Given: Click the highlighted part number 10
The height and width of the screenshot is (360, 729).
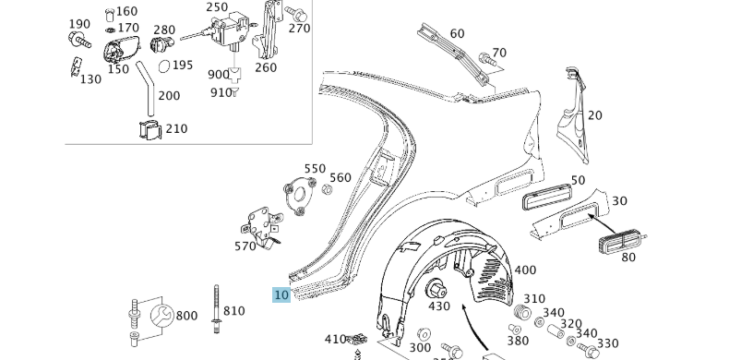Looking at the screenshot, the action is click(x=281, y=294).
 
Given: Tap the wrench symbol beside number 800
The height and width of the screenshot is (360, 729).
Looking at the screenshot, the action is click(x=161, y=317).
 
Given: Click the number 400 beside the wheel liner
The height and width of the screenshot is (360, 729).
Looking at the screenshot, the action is click(x=525, y=270).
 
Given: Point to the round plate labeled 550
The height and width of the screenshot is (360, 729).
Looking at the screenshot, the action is click(x=299, y=197).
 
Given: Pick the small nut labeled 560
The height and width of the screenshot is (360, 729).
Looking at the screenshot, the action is click(x=328, y=189).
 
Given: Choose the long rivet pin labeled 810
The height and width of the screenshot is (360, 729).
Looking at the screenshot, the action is click(x=217, y=309).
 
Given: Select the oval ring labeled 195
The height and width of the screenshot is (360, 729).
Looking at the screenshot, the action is click(x=164, y=66).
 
